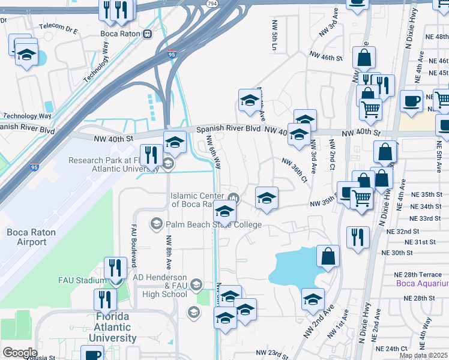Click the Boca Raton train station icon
(147, 34)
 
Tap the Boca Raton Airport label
(31, 237)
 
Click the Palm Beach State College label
(214, 224)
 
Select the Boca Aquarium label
(422, 283)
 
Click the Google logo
(20, 352)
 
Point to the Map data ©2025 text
(424, 355)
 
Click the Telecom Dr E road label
(58, 27)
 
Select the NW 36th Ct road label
(295, 170)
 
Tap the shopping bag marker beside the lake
(328, 256)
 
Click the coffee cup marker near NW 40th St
(411, 101)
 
